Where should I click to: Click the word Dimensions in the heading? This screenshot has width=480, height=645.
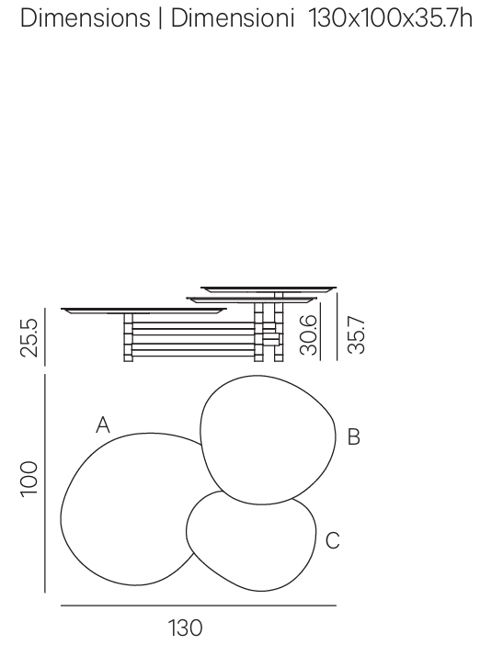click(x=86, y=18)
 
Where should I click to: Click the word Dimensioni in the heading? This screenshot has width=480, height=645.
click(x=233, y=18)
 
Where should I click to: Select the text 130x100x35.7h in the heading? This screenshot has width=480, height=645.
click(x=390, y=18)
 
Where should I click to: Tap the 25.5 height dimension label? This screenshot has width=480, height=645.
click(x=29, y=337)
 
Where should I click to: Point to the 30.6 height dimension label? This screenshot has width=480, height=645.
click(x=309, y=334)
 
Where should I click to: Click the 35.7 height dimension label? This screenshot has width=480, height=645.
click(x=356, y=334)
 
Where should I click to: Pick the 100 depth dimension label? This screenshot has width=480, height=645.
click(x=29, y=479)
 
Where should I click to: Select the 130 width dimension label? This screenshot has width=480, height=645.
click(x=185, y=628)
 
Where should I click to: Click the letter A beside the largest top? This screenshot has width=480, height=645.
click(x=103, y=424)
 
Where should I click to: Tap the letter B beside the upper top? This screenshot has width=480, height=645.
click(x=354, y=436)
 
